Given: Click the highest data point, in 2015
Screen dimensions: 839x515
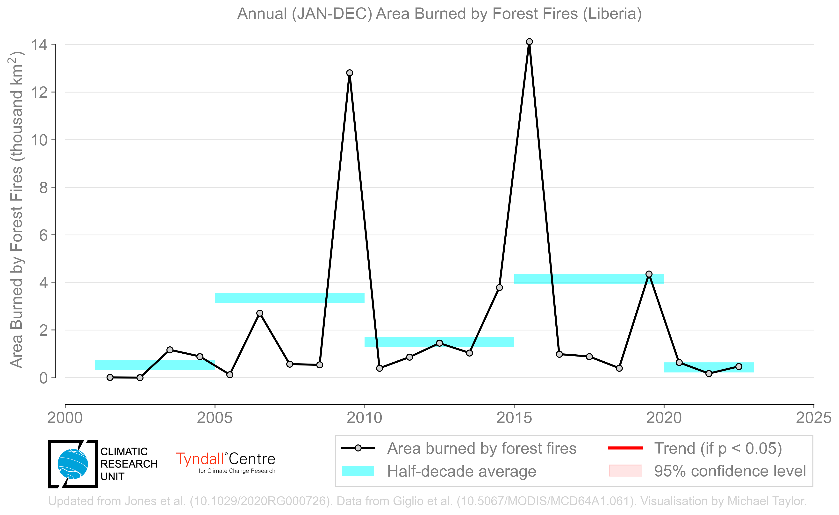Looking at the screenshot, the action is click(529, 42).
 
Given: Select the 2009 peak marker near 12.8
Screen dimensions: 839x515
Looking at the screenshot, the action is click(350, 73).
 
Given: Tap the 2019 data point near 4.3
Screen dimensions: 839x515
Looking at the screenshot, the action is click(649, 274).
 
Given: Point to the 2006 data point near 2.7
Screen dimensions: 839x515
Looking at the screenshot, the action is click(259, 313).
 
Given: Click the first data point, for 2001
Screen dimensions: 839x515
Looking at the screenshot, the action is click(110, 377).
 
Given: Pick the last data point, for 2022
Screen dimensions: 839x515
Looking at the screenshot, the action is click(739, 366).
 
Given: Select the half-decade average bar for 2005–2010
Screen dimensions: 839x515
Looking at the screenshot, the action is click(290, 298).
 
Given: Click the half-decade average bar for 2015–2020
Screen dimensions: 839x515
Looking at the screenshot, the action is click(589, 279).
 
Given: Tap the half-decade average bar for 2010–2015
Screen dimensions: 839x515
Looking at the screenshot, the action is click(439, 342).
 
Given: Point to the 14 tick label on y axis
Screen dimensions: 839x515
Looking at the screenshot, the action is click(39, 45).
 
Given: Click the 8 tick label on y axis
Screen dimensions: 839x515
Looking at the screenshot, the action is click(43, 187).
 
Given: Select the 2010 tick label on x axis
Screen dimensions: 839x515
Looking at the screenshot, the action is click(365, 418).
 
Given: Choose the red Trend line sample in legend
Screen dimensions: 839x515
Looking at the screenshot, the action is click(625, 448).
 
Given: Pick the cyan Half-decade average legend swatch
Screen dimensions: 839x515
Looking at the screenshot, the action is click(358, 471).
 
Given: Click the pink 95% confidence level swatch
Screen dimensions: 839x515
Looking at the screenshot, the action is click(625, 471).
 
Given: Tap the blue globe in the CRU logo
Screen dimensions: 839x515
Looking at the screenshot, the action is click(72, 464).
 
